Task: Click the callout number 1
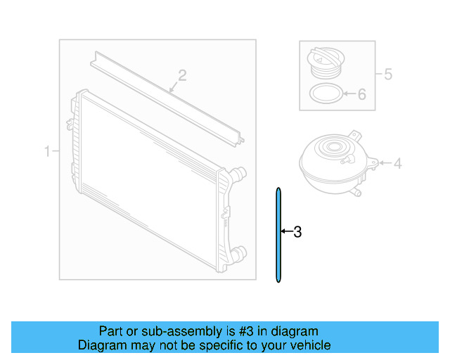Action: tap(48, 151)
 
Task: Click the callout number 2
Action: tap(181, 75)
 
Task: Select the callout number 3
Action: tap(297, 231)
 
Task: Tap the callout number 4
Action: tap(397, 164)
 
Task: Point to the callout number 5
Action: tap(387, 73)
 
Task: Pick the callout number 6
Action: tap(362, 94)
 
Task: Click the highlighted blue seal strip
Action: tap(278, 236)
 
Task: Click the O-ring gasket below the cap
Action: tap(326, 93)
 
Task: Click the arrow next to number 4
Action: tap(383, 164)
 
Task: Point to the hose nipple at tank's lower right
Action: tap(358, 191)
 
